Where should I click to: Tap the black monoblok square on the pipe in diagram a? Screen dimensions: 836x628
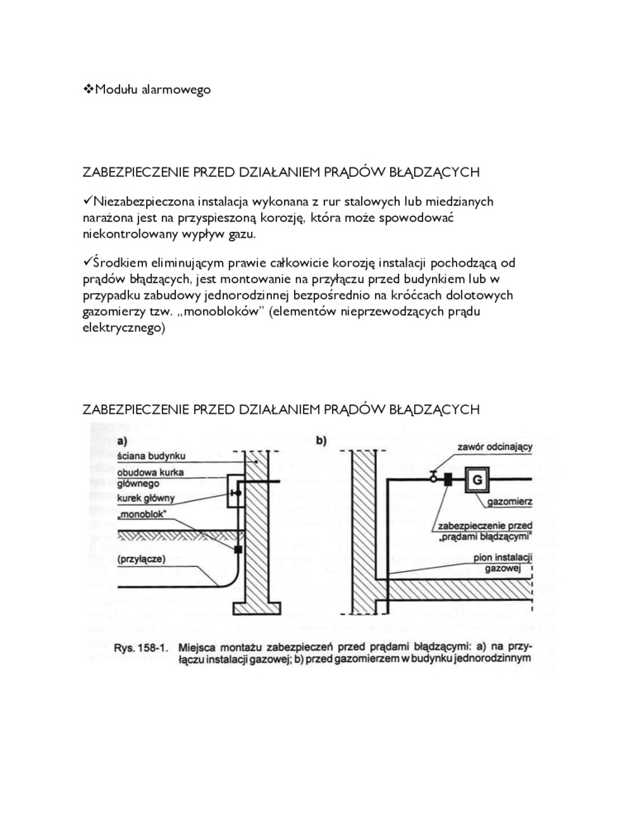[237, 549]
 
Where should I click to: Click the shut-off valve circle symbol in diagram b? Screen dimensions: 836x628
[432, 476]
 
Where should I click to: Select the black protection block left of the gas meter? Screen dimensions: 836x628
[447, 478]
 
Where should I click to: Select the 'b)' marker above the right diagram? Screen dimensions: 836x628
[321, 441]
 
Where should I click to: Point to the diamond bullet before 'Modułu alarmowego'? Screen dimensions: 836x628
[89, 88]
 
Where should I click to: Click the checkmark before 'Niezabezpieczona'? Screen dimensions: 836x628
[89, 201]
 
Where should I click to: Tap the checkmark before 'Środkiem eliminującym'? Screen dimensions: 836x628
[89, 262]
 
